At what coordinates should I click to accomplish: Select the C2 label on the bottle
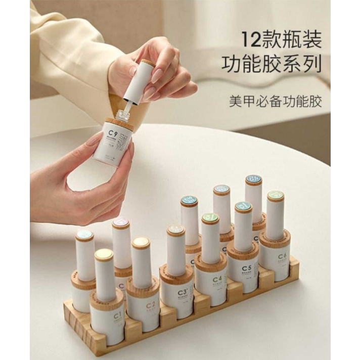150,304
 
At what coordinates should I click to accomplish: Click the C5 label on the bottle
247,268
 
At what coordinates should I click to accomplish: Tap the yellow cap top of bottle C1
104,254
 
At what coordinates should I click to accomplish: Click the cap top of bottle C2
141,243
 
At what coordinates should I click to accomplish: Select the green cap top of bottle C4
210,218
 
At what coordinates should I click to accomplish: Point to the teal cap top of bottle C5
243,207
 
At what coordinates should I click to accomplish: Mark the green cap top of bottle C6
276,196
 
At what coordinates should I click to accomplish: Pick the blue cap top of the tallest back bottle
253,179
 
